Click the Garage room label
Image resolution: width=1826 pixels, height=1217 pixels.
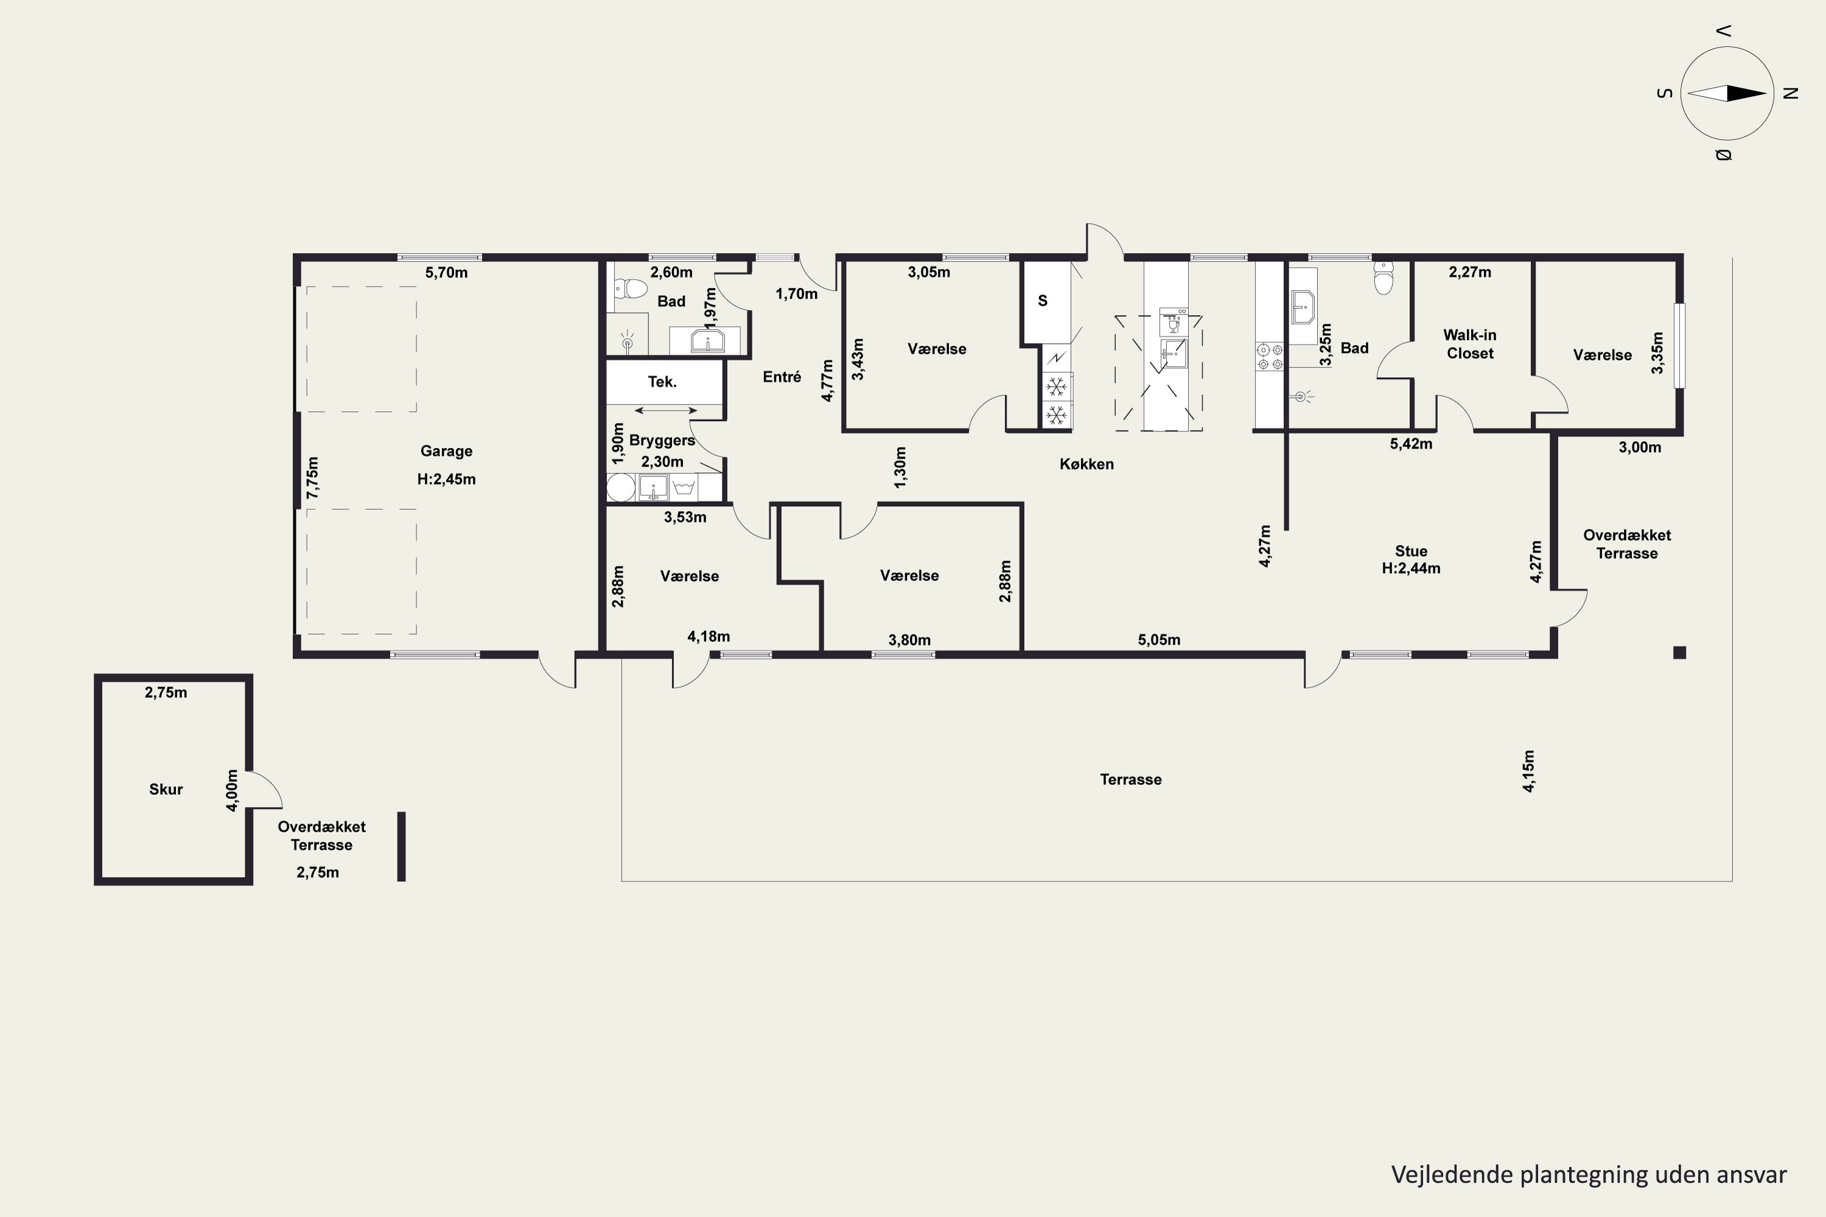coord(446,451)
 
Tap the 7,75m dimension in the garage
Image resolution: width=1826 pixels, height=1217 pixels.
coord(312,478)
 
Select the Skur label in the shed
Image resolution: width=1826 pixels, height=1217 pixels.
coord(166,789)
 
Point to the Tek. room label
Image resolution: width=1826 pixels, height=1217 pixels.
coord(662,381)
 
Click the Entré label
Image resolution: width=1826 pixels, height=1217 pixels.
coord(782,377)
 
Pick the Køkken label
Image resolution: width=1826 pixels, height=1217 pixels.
coord(1087,464)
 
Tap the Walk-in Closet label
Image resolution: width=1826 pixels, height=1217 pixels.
coord(1470,344)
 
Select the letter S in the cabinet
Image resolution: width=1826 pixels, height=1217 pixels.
coord(1043,301)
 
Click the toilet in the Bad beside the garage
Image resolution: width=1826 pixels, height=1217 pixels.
coord(631,290)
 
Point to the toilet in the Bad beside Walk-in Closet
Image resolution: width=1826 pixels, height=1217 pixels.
coord(1383,278)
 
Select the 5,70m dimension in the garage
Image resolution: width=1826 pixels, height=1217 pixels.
coord(446,273)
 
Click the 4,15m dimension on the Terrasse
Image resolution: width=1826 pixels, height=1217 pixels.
coord(1528,772)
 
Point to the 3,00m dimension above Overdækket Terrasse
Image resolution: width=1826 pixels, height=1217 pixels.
coord(1640,447)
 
